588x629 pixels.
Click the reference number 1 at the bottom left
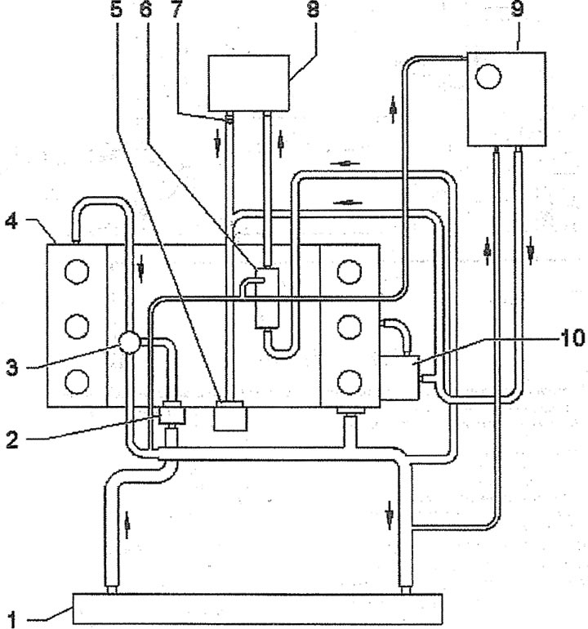pyautogui.click(x=13, y=619)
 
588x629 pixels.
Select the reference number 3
pyautogui.click(x=12, y=367)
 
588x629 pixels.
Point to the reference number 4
pyautogui.click(x=11, y=221)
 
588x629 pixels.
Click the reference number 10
pyautogui.click(x=572, y=337)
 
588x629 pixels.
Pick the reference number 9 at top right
pyautogui.click(x=519, y=9)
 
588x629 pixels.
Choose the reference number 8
pyautogui.click(x=314, y=9)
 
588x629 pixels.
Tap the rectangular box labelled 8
pyautogui.click(x=249, y=83)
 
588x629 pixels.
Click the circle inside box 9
pyautogui.click(x=488, y=76)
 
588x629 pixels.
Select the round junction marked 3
pyautogui.click(x=129, y=341)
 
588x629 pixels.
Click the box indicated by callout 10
pyautogui.click(x=399, y=378)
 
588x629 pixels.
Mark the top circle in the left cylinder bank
pyautogui.click(x=77, y=271)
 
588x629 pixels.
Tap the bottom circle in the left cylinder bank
pyautogui.click(x=77, y=381)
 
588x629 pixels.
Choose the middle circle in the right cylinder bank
pyautogui.click(x=349, y=327)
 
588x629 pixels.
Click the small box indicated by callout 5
pyautogui.click(x=230, y=417)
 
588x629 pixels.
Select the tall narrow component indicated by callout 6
pyautogui.click(x=267, y=298)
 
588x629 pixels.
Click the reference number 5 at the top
pyautogui.click(x=116, y=9)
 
